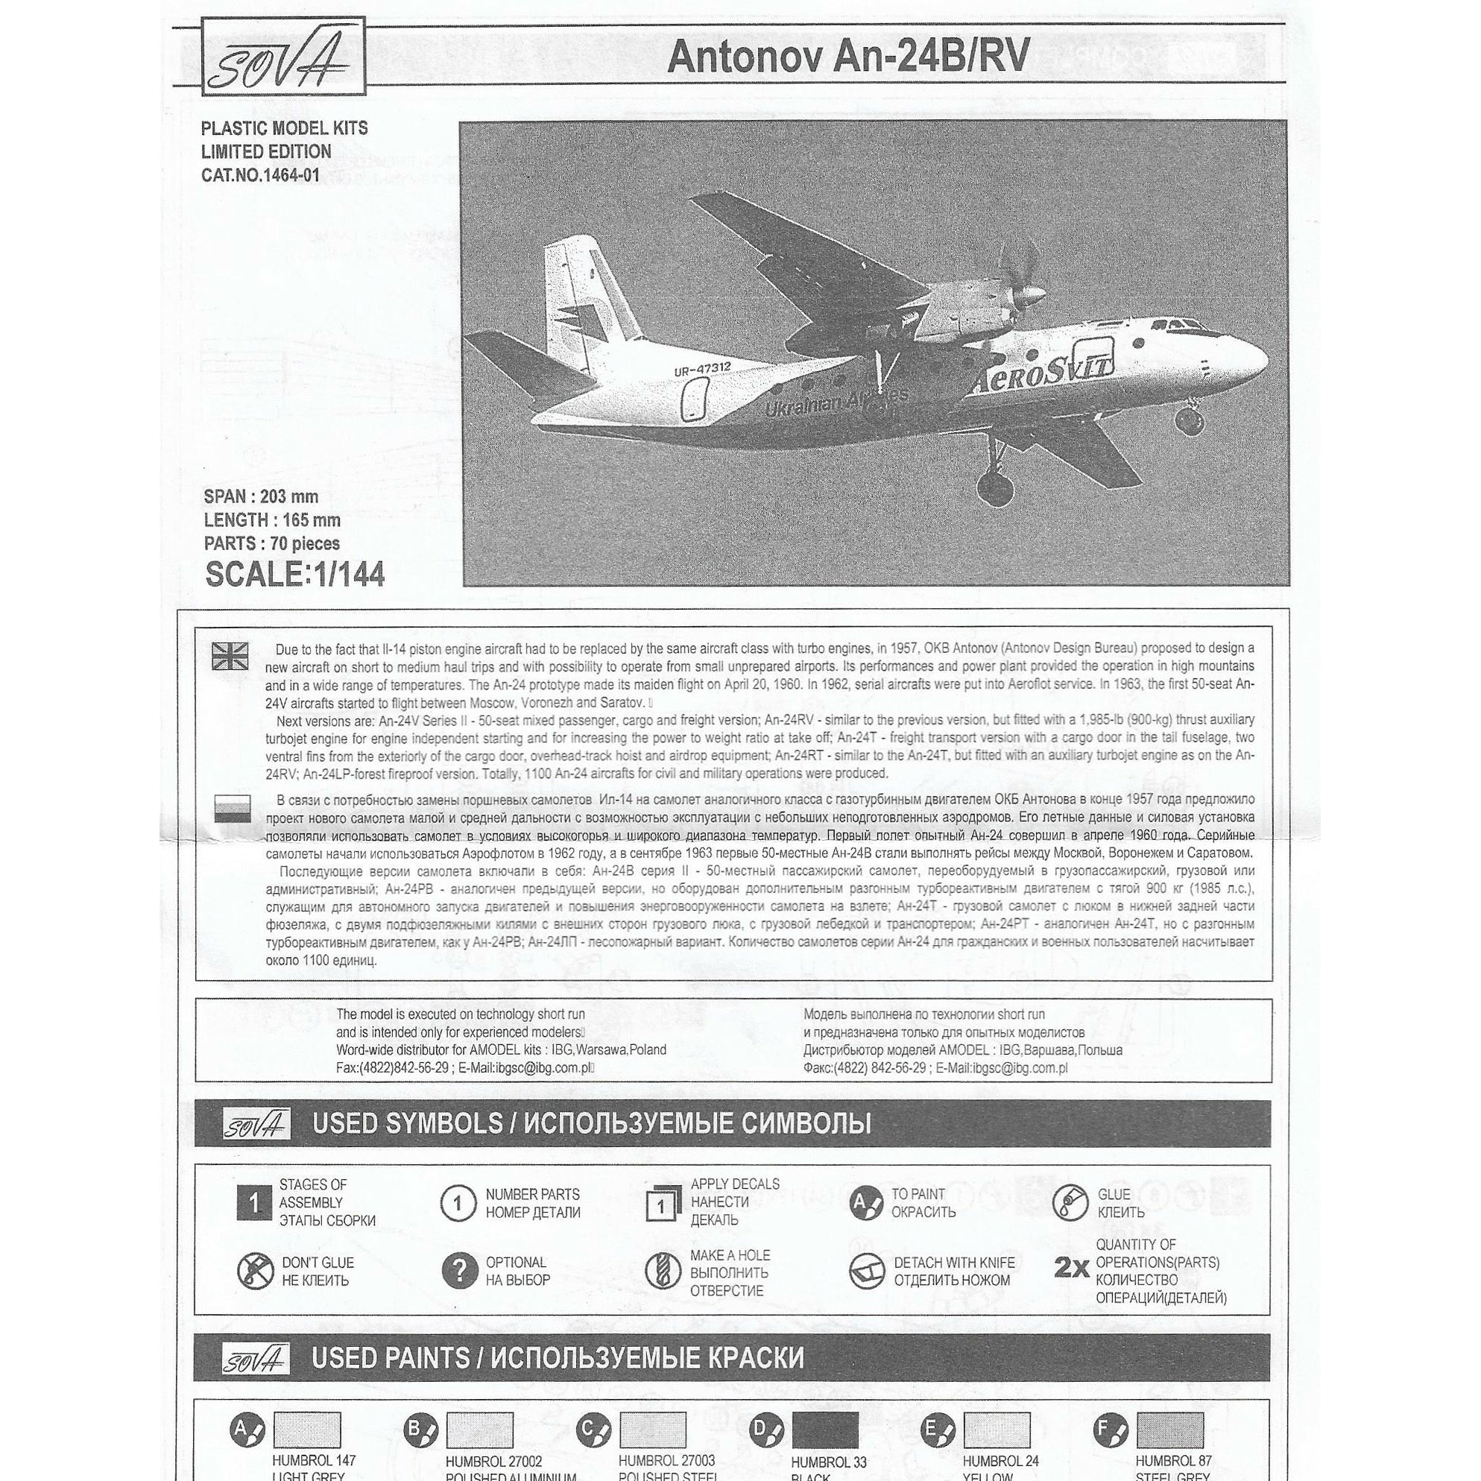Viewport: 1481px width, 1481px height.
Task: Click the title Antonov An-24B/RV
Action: pos(847,57)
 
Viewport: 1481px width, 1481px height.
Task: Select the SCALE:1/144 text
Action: pos(294,575)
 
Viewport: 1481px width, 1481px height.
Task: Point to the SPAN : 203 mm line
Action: pos(261,496)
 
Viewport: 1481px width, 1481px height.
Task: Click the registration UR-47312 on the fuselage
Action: pos(702,370)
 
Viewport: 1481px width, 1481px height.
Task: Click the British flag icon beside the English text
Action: pos(231,656)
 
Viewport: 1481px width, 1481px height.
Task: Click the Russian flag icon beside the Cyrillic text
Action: pos(232,808)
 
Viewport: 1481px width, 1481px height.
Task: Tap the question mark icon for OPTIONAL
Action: pos(459,1272)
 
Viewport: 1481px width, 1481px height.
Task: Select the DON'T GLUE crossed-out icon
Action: pos(255,1272)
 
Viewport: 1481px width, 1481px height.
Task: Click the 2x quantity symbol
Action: pos(1071,1269)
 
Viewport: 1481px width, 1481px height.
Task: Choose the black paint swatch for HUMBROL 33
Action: pos(825,1430)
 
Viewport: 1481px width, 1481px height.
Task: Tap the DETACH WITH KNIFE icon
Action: pos(867,1272)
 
